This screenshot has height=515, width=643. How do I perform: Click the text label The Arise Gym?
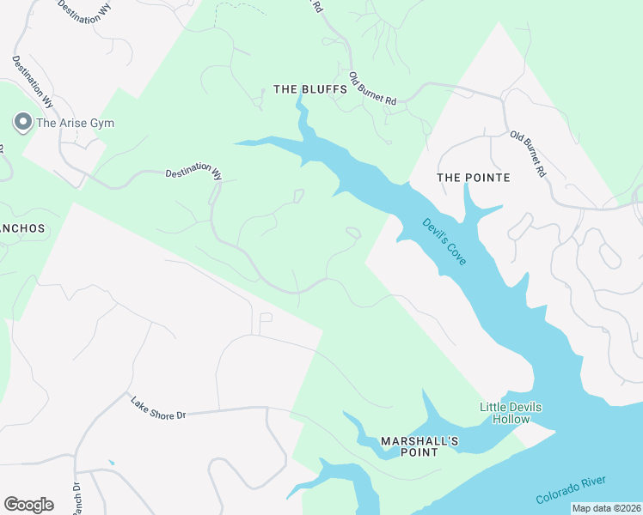pos(75,123)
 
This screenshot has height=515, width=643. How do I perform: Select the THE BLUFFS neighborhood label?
pos(309,89)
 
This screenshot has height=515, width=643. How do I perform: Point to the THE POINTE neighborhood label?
pos(473,178)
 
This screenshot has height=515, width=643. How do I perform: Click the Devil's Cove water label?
pos(444,241)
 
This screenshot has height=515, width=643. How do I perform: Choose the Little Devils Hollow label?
pos(511,413)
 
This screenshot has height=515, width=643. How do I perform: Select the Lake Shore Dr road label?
pos(158,408)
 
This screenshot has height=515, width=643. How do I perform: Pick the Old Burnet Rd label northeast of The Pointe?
pos(528,154)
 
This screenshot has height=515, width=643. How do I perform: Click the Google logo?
pos(28,505)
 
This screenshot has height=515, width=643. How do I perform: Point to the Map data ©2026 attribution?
pos(607,508)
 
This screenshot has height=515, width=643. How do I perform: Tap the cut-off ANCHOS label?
pos(21,230)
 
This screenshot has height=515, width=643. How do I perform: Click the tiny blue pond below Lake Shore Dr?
pos(111,463)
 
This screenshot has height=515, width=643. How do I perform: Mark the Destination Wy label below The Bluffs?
pos(193,172)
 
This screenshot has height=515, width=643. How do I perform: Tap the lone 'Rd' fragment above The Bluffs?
pos(317,6)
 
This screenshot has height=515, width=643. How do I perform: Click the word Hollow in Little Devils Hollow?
pos(511,420)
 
